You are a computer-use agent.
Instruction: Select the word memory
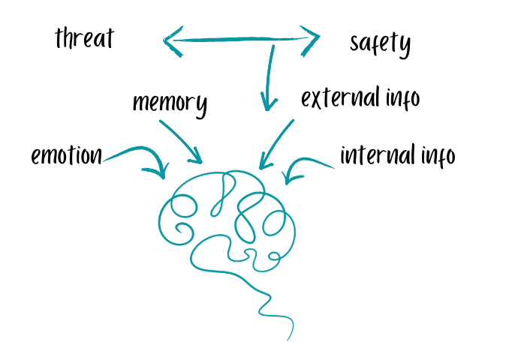tap(170, 103)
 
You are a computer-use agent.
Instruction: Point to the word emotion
tap(66, 155)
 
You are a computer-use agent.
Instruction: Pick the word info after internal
tap(439, 155)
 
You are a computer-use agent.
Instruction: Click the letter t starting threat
tap(60, 37)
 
